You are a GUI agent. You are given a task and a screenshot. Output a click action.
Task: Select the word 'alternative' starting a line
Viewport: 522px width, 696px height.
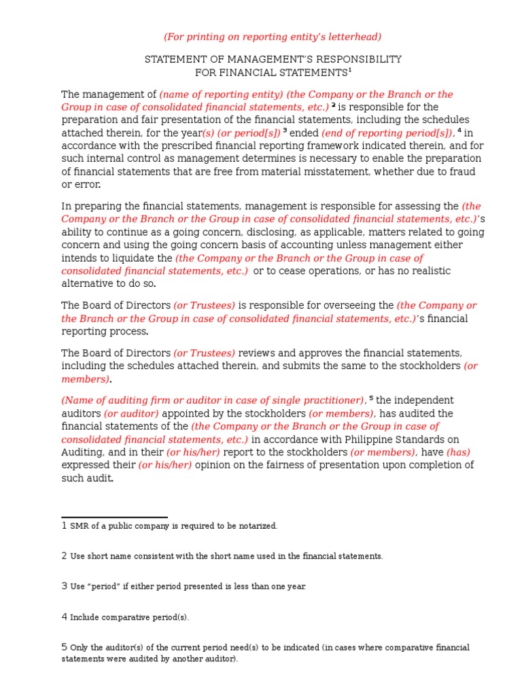(x=89, y=284)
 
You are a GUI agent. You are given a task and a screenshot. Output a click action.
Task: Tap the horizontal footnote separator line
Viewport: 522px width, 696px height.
(x=114, y=518)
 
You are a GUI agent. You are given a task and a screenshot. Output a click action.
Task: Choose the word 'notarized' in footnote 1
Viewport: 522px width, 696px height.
(x=256, y=526)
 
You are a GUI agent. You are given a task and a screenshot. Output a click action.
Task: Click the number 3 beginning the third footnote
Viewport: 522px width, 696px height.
(x=65, y=585)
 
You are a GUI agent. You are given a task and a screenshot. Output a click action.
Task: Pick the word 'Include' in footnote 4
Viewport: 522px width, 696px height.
(x=86, y=617)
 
